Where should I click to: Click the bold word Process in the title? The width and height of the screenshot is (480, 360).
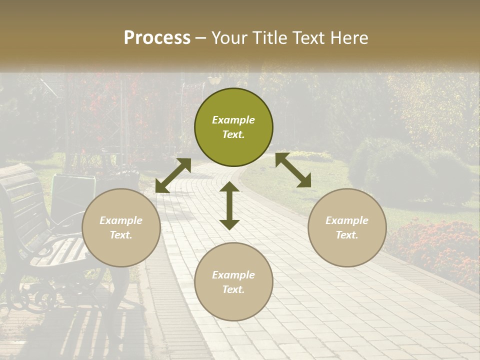click(157, 38)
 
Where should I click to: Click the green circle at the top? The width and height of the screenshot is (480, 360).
click(233, 127)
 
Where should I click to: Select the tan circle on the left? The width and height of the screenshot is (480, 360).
click(121, 227)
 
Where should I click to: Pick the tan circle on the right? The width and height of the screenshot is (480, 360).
click(347, 227)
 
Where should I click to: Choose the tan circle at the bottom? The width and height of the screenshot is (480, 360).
click(233, 282)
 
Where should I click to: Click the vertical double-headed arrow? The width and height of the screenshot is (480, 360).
click(229, 205)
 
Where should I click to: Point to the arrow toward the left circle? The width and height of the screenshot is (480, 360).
click(173, 175)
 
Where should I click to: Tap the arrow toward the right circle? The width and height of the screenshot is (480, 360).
click(293, 170)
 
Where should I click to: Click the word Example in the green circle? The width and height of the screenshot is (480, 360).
click(233, 120)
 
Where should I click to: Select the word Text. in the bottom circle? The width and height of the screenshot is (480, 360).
click(233, 289)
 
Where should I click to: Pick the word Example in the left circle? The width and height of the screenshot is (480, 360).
click(121, 220)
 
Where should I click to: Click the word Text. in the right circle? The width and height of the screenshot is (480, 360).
click(347, 235)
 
